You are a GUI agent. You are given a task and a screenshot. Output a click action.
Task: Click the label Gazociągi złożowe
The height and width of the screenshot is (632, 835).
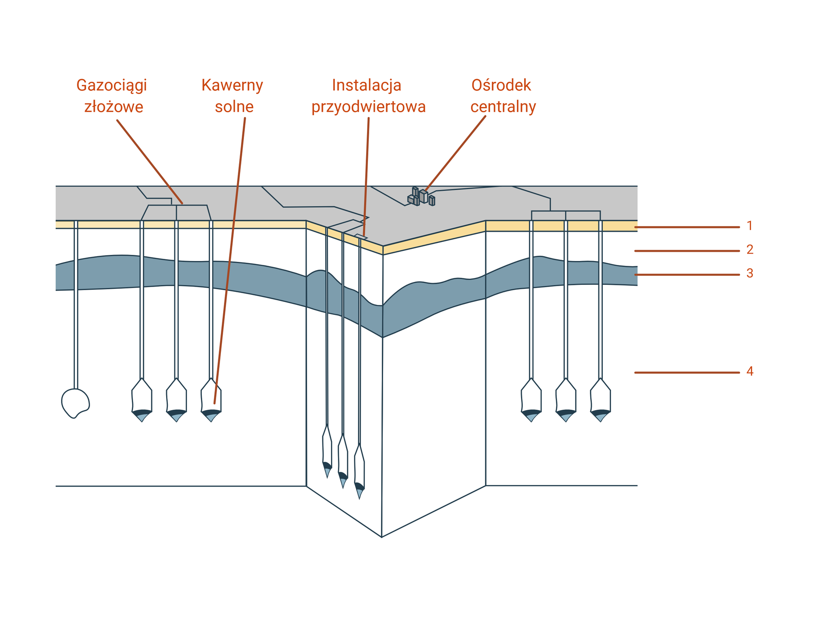[x=112, y=96]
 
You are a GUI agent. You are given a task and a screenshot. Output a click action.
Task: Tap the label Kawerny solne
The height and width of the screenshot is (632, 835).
[x=233, y=96]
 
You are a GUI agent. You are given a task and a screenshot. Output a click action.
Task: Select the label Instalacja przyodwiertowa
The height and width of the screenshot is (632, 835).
[x=368, y=96]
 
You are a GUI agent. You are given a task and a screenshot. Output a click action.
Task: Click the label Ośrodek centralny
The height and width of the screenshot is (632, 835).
[x=502, y=96]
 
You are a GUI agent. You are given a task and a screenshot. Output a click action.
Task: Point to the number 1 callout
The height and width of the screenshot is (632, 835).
[x=750, y=226]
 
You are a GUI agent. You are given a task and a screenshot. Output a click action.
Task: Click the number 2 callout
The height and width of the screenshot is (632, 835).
[x=750, y=250]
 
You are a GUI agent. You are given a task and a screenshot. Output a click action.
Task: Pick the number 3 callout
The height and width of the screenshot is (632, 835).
[x=750, y=274]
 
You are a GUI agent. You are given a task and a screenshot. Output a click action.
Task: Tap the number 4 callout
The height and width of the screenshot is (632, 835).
[x=750, y=371]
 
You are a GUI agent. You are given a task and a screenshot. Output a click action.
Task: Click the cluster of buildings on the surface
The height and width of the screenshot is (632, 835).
[x=421, y=197]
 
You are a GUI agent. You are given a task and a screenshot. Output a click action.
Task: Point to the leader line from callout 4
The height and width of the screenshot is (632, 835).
[x=687, y=373]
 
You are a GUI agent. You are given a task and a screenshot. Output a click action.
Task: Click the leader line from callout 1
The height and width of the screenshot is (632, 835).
[x=687, y=227]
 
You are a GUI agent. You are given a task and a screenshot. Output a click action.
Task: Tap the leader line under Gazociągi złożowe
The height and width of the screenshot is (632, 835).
[x=150, y=162]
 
